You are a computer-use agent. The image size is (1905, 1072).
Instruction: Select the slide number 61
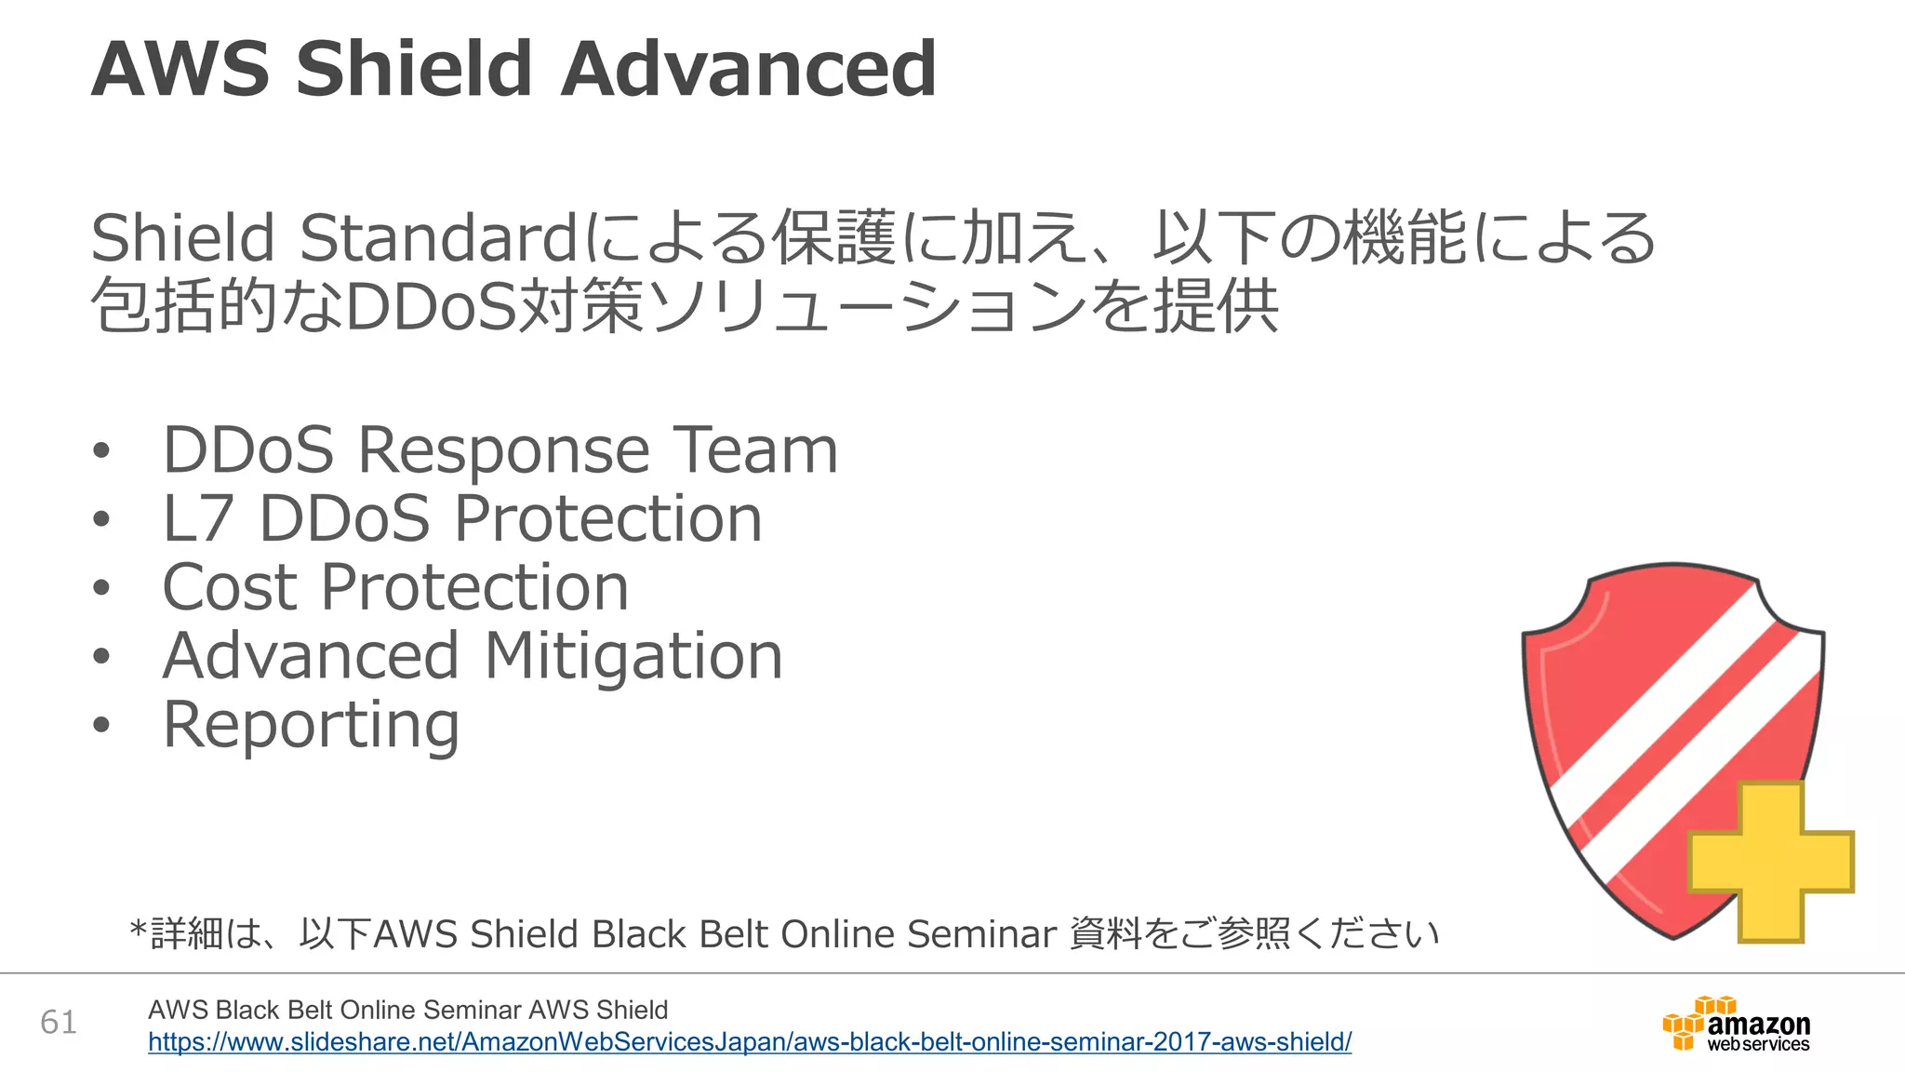point(59,1022)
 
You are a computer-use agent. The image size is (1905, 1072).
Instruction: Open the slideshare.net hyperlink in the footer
point(750,1042)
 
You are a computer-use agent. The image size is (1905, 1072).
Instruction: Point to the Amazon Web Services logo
point(1737,1025)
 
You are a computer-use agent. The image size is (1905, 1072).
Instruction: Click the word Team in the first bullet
point(754,450)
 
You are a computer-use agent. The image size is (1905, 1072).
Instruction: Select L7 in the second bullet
point(197,518)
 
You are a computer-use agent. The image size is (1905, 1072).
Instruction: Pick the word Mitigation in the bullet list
point(633,656)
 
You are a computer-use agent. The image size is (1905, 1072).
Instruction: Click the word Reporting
point(311,726)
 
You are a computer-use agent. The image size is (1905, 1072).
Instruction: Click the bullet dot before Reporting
point(101,726)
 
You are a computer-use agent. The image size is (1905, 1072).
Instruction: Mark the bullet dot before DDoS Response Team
point(101,451)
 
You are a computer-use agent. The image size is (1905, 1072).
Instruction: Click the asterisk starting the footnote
point(139,929)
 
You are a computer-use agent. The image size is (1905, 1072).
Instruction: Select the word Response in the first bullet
point(503,450)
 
